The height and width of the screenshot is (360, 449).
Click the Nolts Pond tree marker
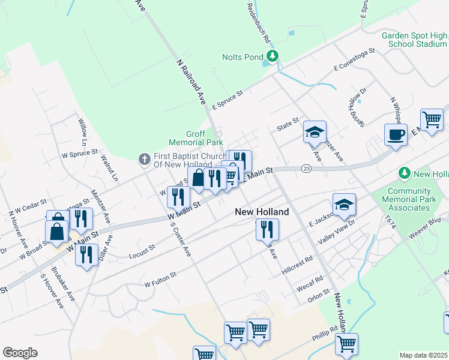274,56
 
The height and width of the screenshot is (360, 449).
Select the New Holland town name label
262,212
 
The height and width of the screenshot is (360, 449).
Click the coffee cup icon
396,134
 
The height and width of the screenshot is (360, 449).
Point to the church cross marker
144,160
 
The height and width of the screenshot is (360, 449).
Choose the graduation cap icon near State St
315,131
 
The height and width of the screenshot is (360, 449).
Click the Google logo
20,353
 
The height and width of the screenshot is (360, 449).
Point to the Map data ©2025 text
423,355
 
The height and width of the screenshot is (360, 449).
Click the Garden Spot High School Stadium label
414,40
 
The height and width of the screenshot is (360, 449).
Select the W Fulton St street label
160,279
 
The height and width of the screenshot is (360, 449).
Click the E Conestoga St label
354,60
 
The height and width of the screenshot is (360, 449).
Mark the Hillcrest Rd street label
297,266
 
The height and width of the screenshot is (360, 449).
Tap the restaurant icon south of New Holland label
267,229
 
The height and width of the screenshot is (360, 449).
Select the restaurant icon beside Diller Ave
86,254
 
